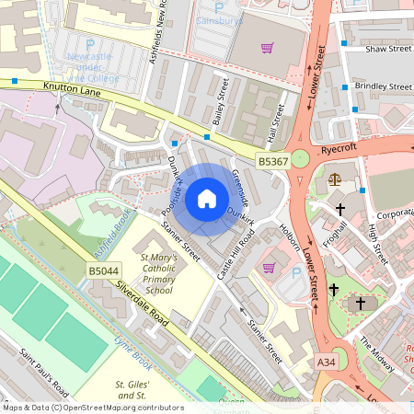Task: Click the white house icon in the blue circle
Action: pos(207,198)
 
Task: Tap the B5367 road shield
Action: pos(273,161)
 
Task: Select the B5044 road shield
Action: pos(103,270)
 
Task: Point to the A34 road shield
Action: pos(326,362)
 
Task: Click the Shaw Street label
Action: pos(387,49)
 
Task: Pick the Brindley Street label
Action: pos(382,86)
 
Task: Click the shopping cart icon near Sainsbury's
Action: pos(268,48)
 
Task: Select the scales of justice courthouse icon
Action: pos(333,178)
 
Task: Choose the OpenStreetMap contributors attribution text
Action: pos(93,407)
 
